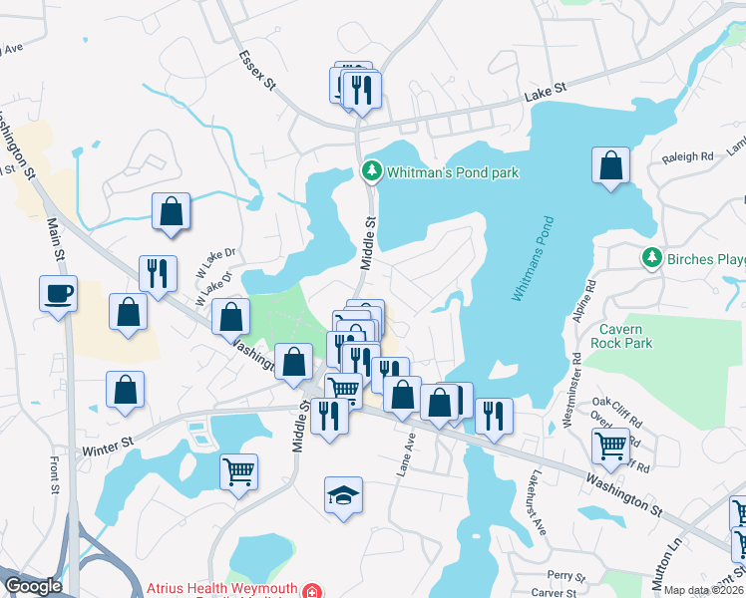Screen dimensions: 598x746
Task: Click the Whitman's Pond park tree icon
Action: point(371,172)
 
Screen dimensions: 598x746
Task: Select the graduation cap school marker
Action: point(342,494)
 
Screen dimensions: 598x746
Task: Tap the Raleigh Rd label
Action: point(688,156)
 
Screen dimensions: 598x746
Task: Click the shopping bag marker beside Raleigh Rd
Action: point(610,165)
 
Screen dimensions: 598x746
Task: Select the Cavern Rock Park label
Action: point(626,336)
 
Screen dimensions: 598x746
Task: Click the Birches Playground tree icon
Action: point(652,259)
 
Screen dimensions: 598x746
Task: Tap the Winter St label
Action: point(108,450)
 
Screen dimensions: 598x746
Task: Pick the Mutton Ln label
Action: point(675,548)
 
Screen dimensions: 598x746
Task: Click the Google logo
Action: point(33,586)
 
